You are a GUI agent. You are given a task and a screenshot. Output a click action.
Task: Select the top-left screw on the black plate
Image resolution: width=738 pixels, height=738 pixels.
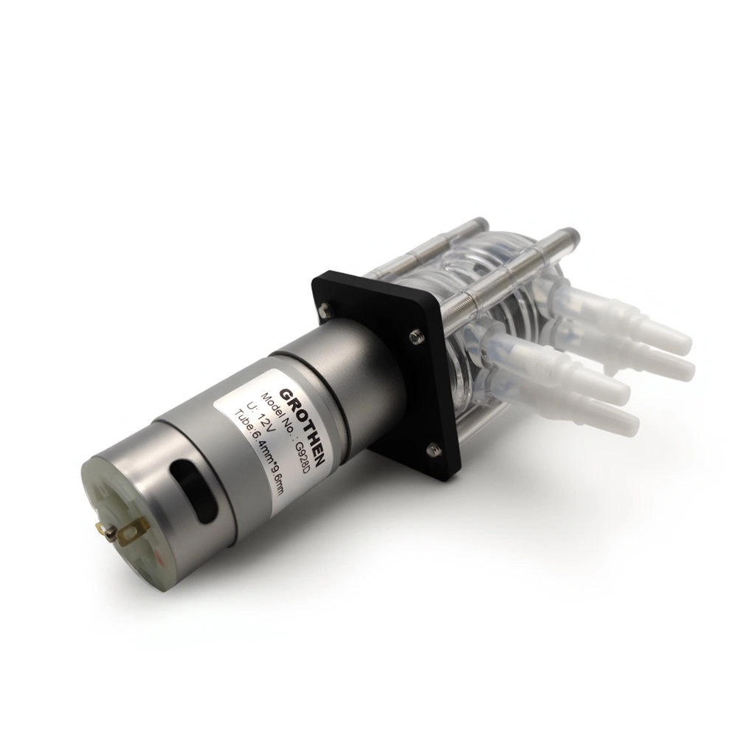(x=324, y=310)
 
